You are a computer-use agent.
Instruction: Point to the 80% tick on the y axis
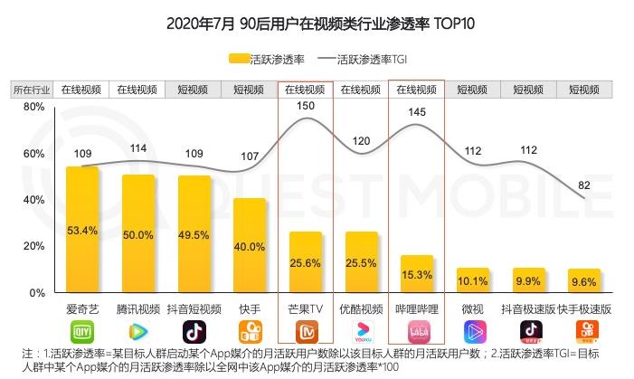click(33, 107)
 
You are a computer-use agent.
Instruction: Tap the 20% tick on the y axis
click(33, 247)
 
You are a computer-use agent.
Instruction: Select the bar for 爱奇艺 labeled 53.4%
click(81, 230)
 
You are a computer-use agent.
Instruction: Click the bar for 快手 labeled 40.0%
click(250, 245)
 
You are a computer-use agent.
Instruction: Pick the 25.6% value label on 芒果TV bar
click(306, 263)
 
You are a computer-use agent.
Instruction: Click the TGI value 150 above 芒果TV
click(305, 107)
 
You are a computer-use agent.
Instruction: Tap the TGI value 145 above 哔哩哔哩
click(417, 112)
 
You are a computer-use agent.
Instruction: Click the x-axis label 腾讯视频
click(137, 308)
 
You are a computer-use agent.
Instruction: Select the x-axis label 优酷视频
click(362, 308)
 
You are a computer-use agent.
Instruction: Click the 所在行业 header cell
click(32, 90)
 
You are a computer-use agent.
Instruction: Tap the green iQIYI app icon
click(81, 331)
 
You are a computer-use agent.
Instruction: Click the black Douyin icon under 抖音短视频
click(194, 331)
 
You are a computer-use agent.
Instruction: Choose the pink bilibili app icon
click(418, 331)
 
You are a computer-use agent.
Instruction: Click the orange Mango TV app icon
click(306, 331)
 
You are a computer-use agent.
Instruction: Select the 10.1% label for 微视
click(474, 280)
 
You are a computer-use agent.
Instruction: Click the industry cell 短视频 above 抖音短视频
click(194, 90)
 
